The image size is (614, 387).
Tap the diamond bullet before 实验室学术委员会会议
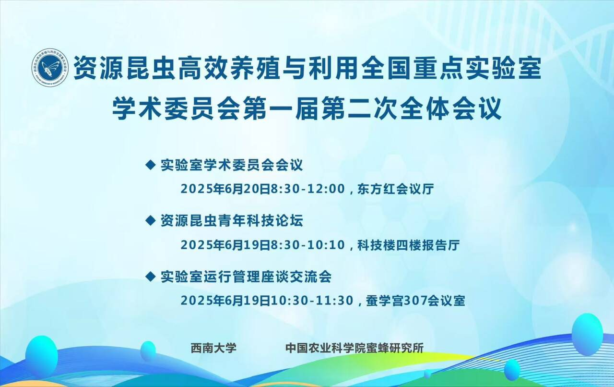(150, 165)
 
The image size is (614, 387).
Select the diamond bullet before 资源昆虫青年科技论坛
(150, 221)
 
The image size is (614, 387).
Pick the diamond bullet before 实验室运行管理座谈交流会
(150, 277)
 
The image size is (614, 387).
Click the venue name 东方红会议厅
(396, 189)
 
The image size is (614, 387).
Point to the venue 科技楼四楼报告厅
(408, 245)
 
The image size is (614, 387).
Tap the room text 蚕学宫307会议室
(415, 301)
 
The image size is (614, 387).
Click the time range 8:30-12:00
(308, 189)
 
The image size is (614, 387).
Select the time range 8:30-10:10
(308, 245)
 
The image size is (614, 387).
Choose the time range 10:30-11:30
(312, 301)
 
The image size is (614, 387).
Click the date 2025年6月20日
(225, 189)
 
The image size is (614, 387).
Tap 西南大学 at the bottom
(213, 348)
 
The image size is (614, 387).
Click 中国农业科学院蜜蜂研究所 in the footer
(354, 348)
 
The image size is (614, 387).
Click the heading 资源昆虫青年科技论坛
(232, 221)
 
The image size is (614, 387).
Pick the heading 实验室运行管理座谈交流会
(246, 277)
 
